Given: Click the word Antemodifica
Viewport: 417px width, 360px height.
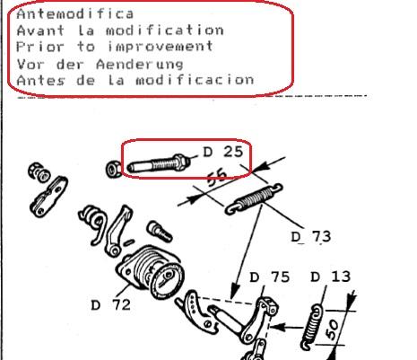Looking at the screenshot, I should click(x=74, y=13).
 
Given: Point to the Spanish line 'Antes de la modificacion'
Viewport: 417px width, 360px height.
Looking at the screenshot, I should click(x=135, y=79).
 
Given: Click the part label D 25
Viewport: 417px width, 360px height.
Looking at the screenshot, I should click(x=222, y=154).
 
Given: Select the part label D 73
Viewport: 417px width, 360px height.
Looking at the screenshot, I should click(x=310, y=236).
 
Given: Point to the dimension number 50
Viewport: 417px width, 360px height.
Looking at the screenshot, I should click(x=335, y=327).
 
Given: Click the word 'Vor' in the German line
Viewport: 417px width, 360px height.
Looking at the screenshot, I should click(x=28, y=63).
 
